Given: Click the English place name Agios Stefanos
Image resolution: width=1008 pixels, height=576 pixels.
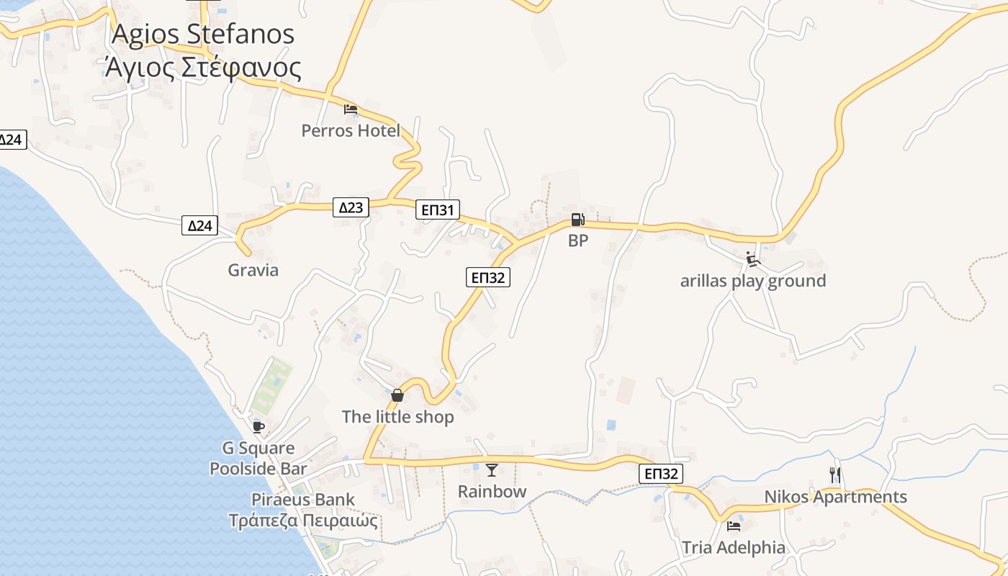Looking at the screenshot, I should (x=203, y=34).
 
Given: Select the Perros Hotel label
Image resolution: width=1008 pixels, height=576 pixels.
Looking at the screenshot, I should (x=351, y=130).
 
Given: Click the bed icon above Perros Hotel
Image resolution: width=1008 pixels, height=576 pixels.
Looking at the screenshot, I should (x=351, y=109).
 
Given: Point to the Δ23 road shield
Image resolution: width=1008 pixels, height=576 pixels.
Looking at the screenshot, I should (x=351, y=207).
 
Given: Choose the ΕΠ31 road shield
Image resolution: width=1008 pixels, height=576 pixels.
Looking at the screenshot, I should (x=438, y=210).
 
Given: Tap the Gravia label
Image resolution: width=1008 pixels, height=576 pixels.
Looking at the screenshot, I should (x=253, y=270).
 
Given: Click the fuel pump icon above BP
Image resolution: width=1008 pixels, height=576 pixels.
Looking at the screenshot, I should (x=577, y=220).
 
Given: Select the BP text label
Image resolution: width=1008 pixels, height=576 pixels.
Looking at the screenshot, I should (x=578, y=240).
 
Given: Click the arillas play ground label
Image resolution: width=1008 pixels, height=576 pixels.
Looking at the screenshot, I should (x=752, y=281).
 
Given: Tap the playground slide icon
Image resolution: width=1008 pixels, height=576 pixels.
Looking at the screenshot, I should (x=753, y=259).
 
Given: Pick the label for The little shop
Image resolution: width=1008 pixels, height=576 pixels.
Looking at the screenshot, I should (x=397, y=417).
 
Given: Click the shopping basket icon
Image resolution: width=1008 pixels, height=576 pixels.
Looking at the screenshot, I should (x=397, y=395).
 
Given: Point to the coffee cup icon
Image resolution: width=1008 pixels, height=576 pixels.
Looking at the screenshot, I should (x=258, y=427).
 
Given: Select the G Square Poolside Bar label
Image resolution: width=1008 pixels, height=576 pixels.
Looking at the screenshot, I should (x=258, y=459).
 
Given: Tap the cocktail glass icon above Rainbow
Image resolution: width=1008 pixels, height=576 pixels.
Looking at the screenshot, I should (x=492, y=470).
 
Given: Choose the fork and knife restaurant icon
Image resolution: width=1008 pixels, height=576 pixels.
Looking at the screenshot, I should (x=835, y=475).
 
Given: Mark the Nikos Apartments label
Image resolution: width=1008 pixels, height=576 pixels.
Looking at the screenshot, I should (x=835, y=497).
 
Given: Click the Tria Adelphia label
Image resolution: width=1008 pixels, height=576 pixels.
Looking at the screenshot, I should (x=734, y=547).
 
